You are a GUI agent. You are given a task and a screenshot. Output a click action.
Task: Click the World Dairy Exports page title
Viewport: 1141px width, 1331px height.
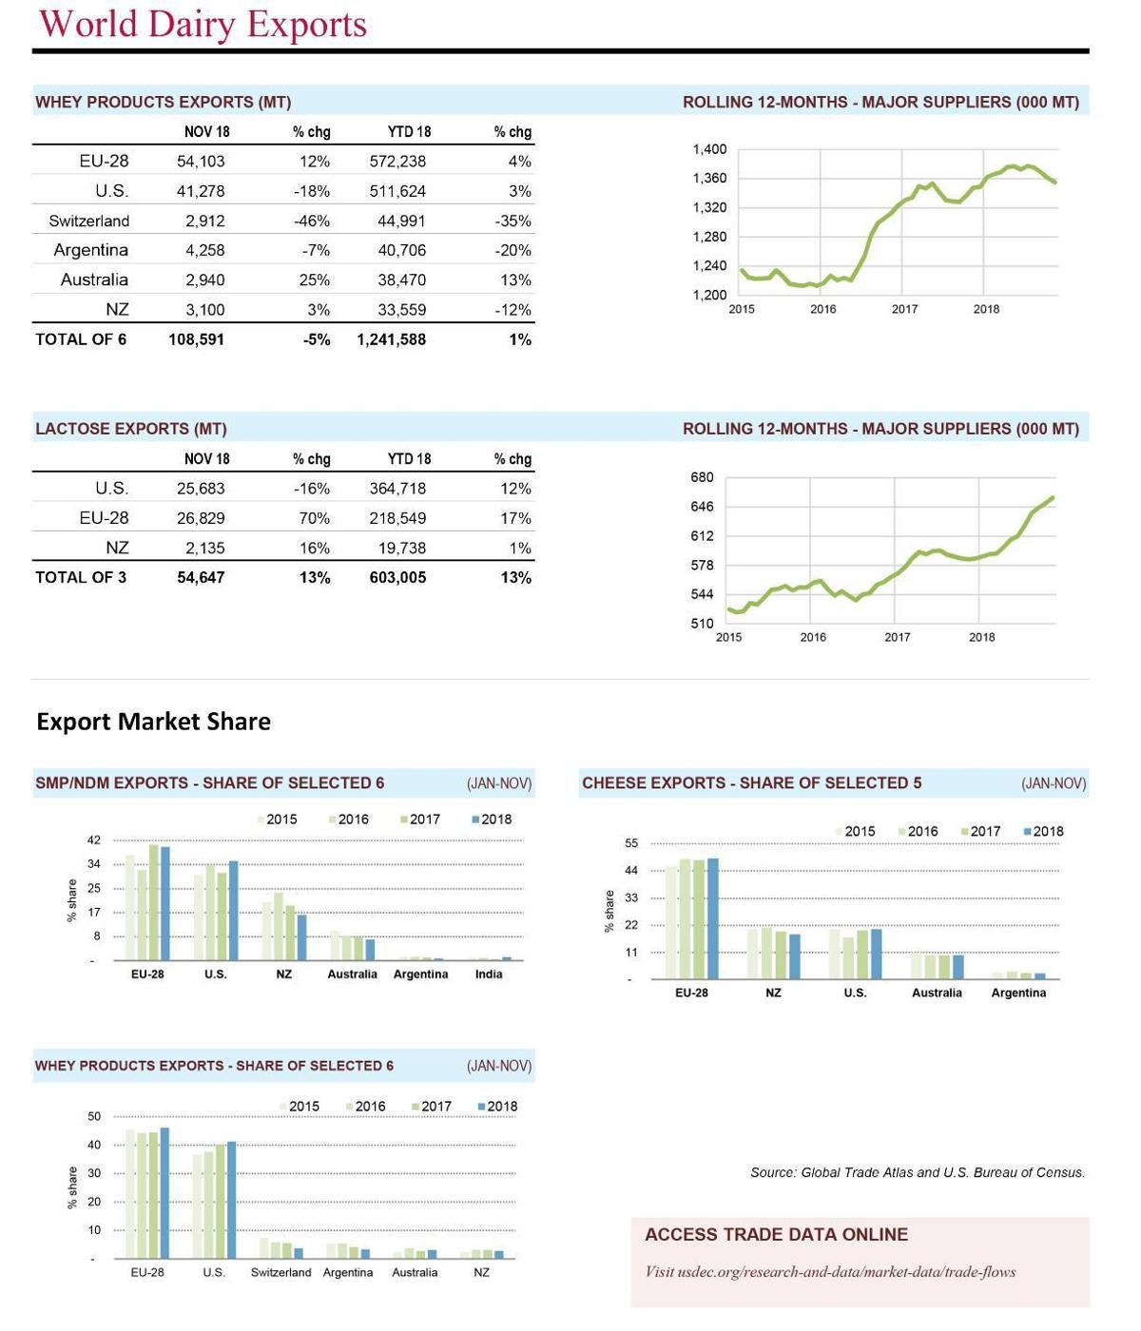pos(203,25)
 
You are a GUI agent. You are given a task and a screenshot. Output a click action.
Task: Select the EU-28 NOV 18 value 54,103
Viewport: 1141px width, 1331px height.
pos(201,162)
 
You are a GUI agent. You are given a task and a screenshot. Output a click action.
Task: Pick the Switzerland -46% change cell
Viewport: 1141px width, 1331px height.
pos(311,221)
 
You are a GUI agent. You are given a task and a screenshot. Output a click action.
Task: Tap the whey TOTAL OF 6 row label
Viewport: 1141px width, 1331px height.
pos(81,339)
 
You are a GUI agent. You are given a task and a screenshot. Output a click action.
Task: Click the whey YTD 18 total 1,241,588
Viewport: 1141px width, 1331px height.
pos(391,339)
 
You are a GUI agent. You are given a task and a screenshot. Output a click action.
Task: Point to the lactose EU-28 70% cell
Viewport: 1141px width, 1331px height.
pos(314,518)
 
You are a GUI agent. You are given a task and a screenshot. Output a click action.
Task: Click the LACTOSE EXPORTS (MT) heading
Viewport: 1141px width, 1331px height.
pos(130,429)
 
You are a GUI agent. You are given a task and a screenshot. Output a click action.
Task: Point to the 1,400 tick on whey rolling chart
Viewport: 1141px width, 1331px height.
pos(709,149)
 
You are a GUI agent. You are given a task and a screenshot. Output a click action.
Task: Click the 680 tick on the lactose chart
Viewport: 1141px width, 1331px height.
pos(702,477)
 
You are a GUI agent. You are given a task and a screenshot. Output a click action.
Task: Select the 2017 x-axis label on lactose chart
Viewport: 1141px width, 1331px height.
pos(897,637)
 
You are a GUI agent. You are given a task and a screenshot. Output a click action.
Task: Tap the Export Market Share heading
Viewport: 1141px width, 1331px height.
pos(153,722)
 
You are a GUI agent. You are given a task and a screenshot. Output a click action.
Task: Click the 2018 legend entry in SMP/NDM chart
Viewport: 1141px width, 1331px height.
pos(492,820)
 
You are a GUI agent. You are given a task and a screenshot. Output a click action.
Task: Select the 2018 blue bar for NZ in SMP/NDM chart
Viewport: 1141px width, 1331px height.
pos(302,936)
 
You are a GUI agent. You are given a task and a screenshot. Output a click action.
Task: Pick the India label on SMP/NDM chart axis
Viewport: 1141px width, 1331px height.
pos(489,974)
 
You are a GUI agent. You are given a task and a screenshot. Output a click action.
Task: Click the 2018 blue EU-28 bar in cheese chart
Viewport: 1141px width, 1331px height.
pos(713,918)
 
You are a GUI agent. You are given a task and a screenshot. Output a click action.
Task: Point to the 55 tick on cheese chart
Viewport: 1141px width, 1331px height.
pos(631,843)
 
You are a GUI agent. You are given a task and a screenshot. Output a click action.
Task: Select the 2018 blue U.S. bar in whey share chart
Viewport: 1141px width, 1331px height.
pos(231,1200)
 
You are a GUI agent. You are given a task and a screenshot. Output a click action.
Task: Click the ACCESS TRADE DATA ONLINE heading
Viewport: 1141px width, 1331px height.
pos(776,1235)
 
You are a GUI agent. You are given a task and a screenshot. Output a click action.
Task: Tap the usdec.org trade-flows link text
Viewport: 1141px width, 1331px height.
pos(830,1272)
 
